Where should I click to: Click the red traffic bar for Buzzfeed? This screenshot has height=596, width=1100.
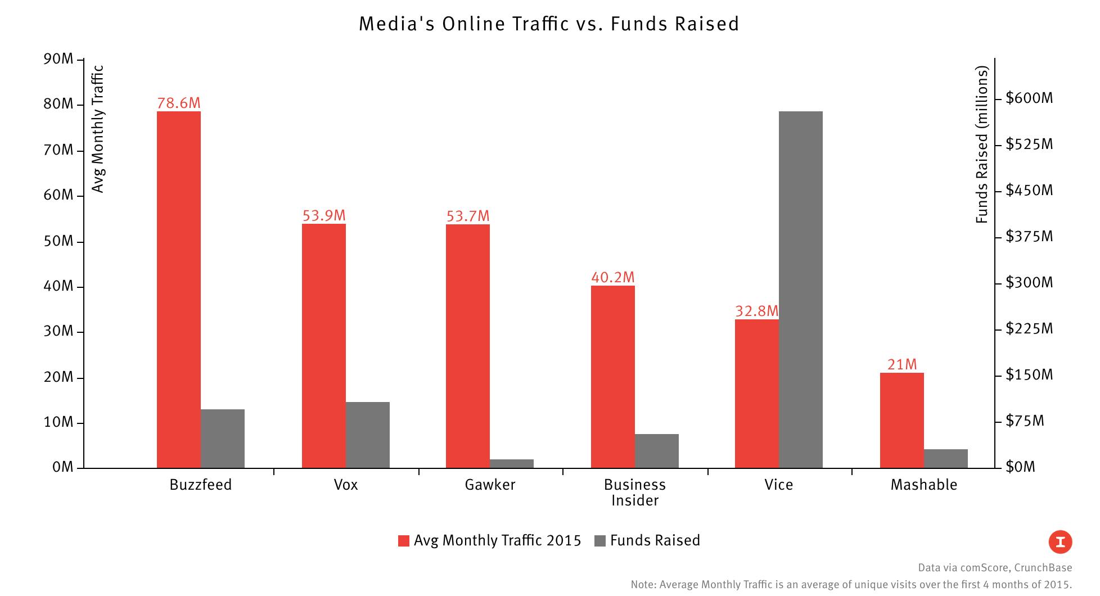pos(179,290)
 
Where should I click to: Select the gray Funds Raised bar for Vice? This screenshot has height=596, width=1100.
pos(801,290)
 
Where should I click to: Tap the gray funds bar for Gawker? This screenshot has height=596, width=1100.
pos(512,464)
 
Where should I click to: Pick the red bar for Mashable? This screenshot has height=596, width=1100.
pos(901,420)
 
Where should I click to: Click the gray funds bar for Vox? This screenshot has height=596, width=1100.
pos(368,435)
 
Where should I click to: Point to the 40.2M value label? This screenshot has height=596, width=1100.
pos(612,277)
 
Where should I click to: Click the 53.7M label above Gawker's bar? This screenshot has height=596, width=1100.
pos(468,216)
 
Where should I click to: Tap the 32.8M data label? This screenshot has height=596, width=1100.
pos(757,311)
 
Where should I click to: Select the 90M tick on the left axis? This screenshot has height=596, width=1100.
pos(58,59)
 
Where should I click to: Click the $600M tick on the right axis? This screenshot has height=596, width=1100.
pos(1029,98)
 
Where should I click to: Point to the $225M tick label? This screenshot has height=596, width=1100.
pos(1029,328)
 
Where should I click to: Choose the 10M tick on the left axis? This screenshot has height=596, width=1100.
pos(58,422)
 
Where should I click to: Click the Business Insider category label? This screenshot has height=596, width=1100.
pos(634,493)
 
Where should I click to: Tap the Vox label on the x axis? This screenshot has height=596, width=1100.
pos(345,485)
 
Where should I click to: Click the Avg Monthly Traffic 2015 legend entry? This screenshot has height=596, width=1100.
pos(489,540)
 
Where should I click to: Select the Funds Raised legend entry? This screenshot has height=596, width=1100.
pos(647,540)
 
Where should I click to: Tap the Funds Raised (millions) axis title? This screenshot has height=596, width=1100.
pos(982,145)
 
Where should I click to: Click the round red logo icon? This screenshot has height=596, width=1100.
pos(1060,542)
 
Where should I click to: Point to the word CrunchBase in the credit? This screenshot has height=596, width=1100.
pos(1043,568)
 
